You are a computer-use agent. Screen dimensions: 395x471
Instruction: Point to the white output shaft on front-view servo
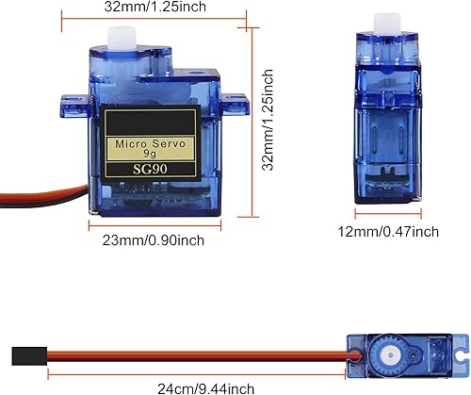(x=121, y=38)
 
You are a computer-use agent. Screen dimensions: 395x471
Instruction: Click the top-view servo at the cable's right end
(x=406, y=354)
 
